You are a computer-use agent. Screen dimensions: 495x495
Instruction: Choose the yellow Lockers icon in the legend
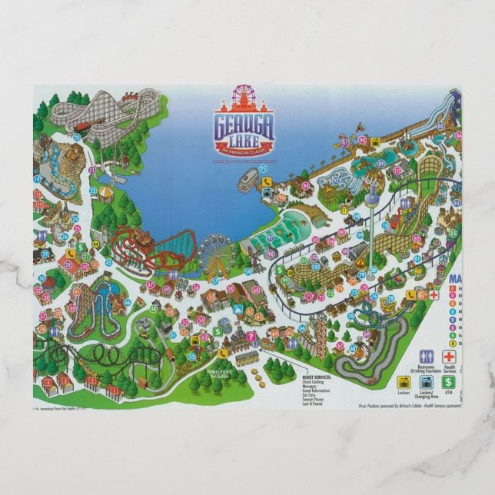pos(402,380)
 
